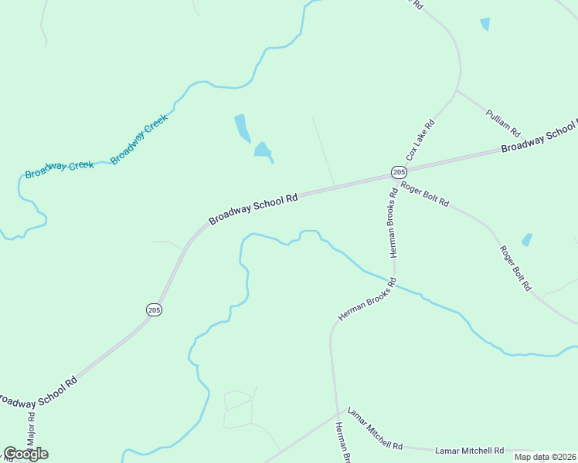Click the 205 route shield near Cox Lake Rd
click(398, 171)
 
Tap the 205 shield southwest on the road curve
click(153, 309)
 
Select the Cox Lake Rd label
click(421, 139)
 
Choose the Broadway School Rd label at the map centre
click(253, 209)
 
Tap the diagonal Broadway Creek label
click(139, 138)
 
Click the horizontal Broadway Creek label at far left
click(59, 169)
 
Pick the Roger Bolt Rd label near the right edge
click(515, 267)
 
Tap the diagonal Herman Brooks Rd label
click(366, 300)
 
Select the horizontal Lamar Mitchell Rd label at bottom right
click(469, 450)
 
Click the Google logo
click(25, 453)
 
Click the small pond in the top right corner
click(484, 24)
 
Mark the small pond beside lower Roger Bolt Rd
click(527, 240)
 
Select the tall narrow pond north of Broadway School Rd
click(243, 127)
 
